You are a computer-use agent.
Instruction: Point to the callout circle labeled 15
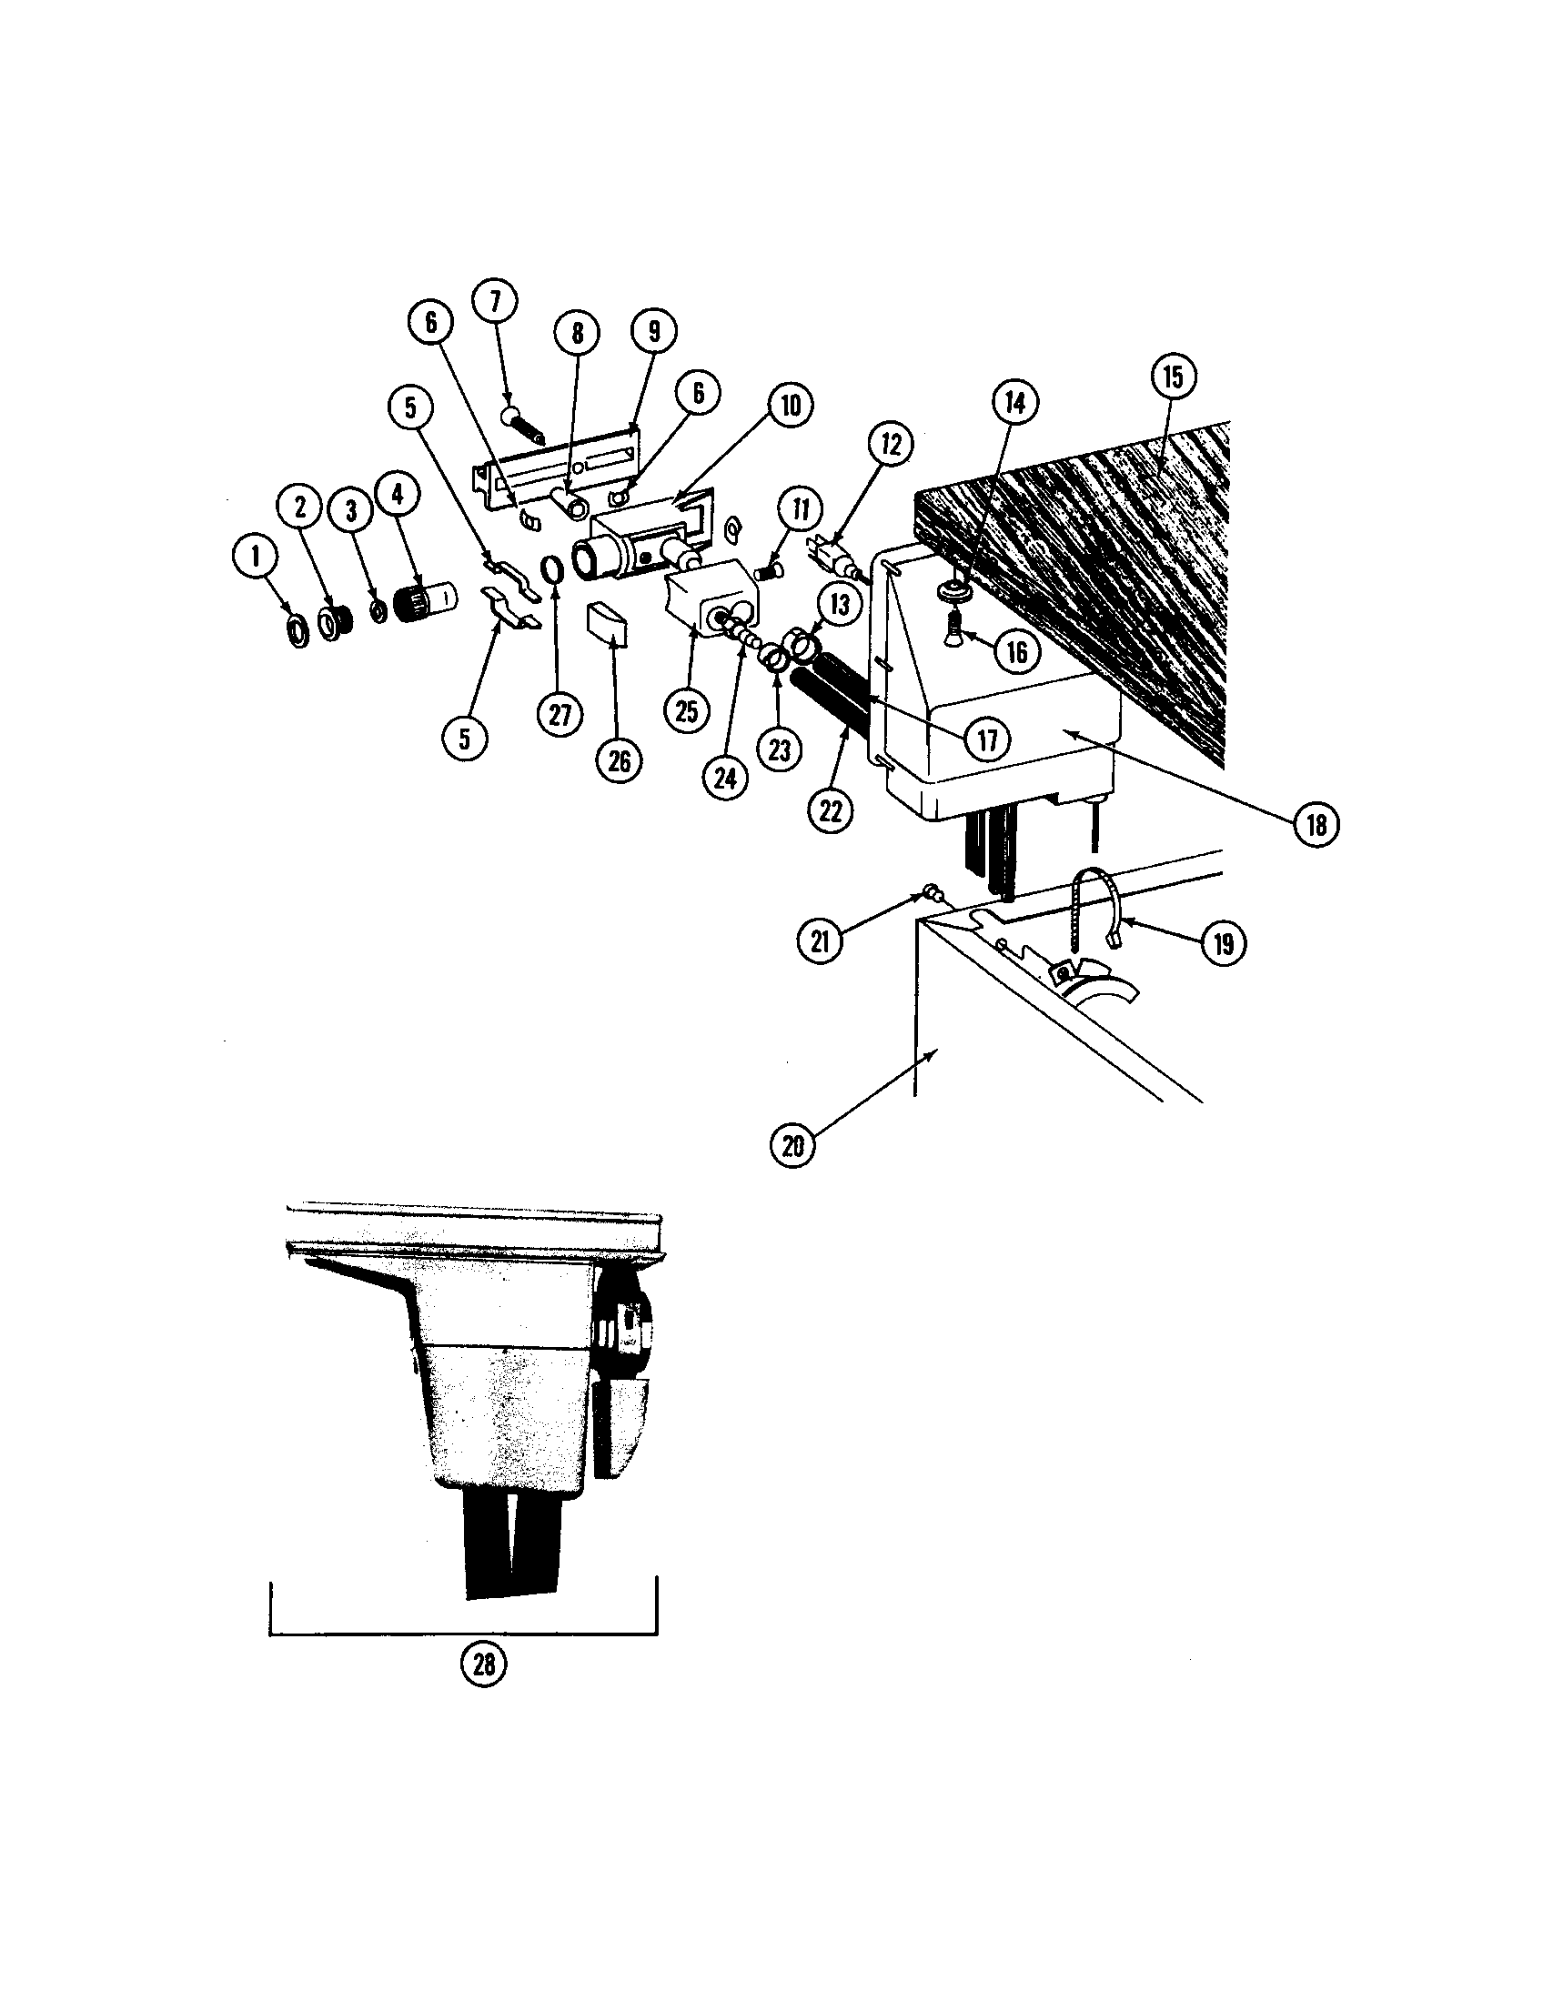pyautogui.click(x=1174, y=377)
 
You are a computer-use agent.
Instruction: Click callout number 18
pyautogui.click(x=1316, y=826)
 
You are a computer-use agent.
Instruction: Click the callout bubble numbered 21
pyautogui.click(x=820, y=940)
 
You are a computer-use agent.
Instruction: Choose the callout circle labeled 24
pyautogui.click(x=725, y=777)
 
